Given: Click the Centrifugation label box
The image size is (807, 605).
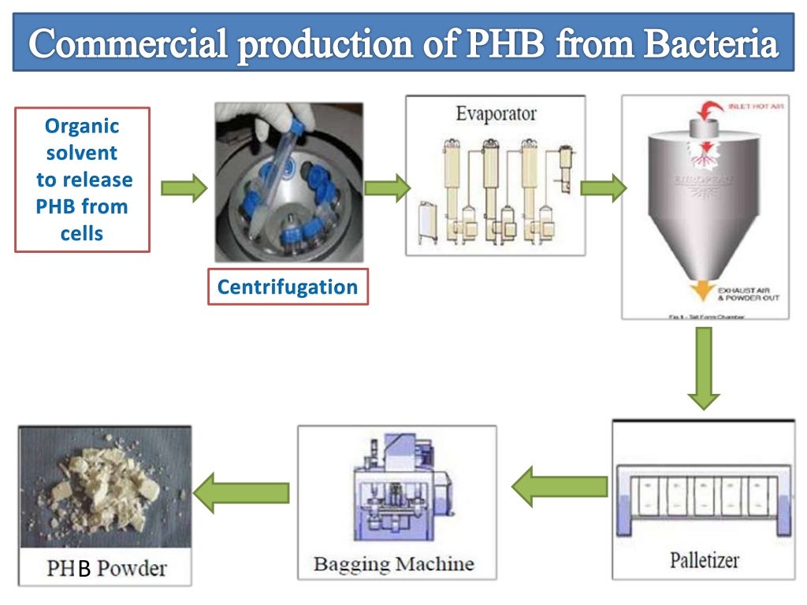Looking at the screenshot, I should [x=287, y=288].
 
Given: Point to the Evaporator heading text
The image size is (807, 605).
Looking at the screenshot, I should [x=496, y=114].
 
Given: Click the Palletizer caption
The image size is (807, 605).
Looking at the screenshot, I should [x=705, y=560].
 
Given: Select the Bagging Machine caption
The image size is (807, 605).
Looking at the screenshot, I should [x=393, y=564].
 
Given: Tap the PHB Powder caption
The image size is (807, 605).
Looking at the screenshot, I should [x=106, y=567].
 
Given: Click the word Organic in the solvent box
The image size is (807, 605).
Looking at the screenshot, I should [x=82, y=126].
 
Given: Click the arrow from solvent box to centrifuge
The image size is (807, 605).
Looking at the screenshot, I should [x=184, y=188].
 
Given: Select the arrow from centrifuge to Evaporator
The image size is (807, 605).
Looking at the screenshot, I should [x=387, y=188].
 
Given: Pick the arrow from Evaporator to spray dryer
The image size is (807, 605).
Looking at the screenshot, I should [x=603, y=188].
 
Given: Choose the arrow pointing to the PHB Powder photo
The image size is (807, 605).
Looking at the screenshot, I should [x=241, y=492].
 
